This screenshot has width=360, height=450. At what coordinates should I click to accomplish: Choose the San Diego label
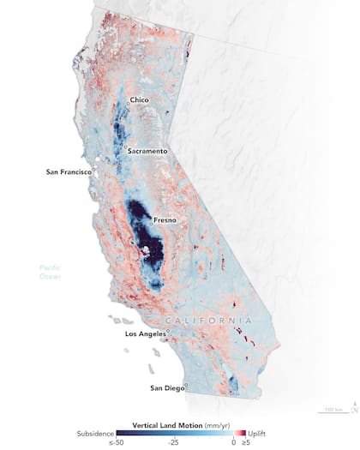pos(167,388)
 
